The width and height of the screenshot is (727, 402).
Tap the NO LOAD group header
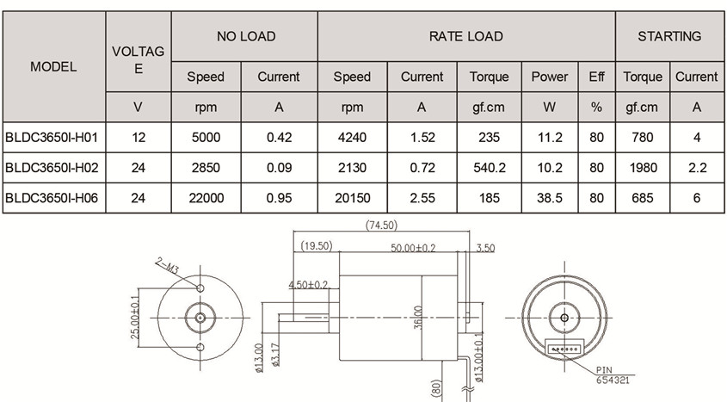pos(246,36)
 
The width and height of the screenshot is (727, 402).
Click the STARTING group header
pos(668,36)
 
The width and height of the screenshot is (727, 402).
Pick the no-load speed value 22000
pos(206,197)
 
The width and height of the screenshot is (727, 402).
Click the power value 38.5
pos(548,197)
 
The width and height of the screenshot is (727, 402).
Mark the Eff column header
pos(596,77)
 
